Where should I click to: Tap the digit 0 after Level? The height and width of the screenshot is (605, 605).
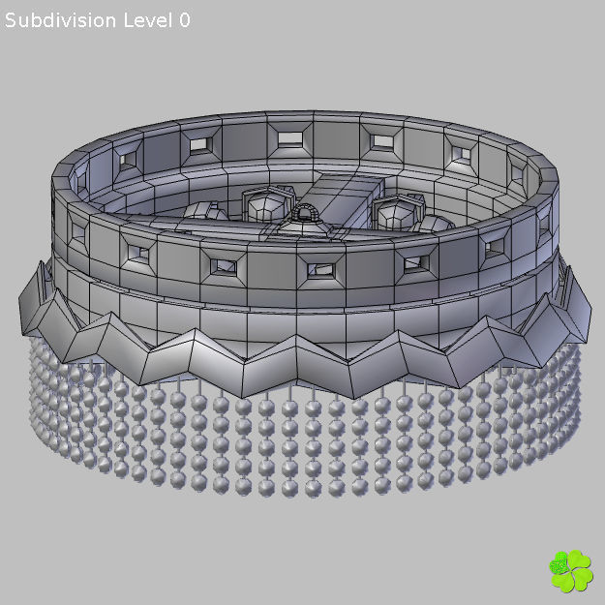pyautogui.click(x=184, y=20)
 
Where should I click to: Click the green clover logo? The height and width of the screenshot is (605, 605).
pyautogui.click(x=570, y=571)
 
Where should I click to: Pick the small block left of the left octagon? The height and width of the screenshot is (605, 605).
pyautogui.click(x=201, y=210)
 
